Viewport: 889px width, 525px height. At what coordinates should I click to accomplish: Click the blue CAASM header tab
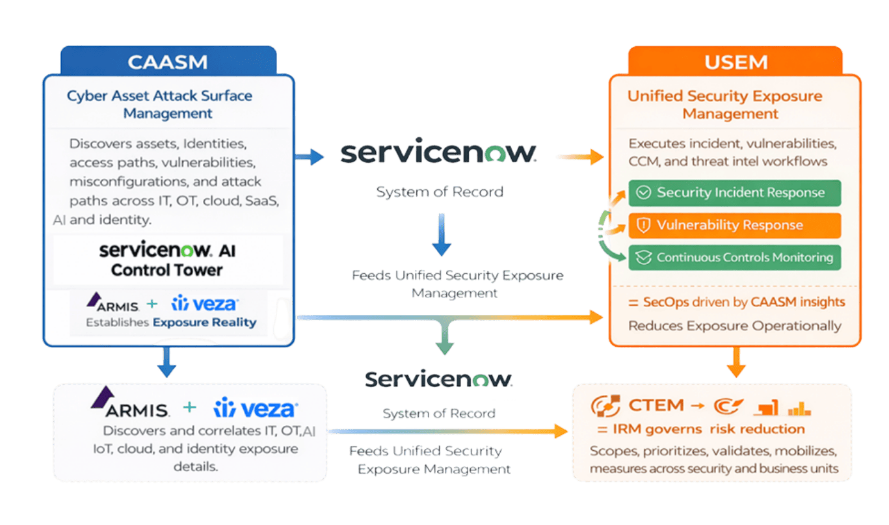[x=168, y=62]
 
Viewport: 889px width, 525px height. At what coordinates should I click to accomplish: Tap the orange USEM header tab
[x=735, y=62]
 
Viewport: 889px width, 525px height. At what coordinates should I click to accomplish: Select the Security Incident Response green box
[x=735, y=193]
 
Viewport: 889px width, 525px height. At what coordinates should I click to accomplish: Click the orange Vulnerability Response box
[x=735, y=225]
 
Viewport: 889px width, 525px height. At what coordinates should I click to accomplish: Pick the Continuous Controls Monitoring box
[x=735, y=258]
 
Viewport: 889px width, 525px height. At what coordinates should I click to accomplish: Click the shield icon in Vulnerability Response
[x=643, y=225]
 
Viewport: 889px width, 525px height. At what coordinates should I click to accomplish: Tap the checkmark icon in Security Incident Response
[x=643, y=193]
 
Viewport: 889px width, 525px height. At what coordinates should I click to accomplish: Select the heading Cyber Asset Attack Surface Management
[x=159, y=104]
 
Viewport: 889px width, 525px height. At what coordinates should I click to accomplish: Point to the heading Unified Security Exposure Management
[x=724, y=105]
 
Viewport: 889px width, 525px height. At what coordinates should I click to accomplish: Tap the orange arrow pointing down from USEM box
[x=736, y=363]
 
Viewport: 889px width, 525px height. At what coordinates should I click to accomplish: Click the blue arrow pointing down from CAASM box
[x=166, y=363]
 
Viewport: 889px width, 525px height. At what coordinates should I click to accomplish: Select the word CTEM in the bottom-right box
[x=656, y=406]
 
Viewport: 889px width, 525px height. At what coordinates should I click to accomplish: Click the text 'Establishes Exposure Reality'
[x=171, y=323]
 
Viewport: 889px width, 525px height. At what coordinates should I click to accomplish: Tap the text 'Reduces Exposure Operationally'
[x=734, y=326]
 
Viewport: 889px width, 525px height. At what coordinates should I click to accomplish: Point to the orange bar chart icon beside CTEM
[x=799, y=408]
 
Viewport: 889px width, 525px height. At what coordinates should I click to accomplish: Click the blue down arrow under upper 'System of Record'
[x=442, y=239]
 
